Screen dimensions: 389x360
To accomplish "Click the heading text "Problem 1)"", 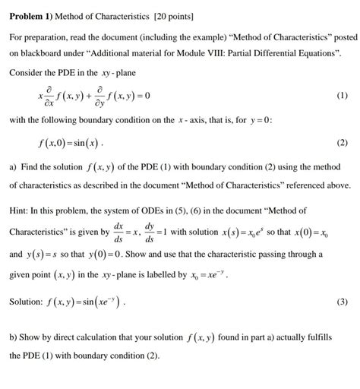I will click(x=30, y=15).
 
